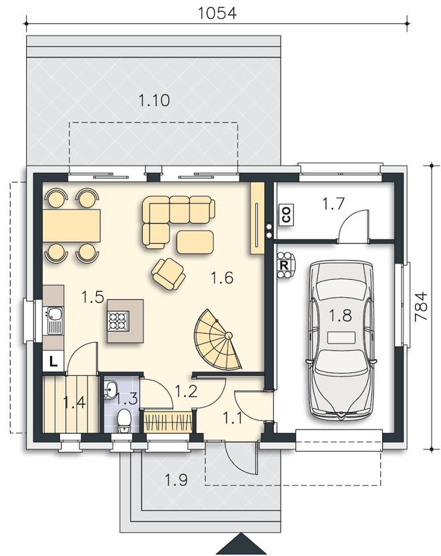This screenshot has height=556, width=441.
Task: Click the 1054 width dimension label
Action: click(217, 13)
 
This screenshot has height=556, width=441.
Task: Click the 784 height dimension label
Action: click(421, 306)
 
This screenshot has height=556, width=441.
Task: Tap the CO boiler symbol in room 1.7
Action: click(286, 214)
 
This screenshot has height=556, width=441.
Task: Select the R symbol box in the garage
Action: click(284, 265)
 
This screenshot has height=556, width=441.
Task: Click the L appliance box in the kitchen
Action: click(53, 361)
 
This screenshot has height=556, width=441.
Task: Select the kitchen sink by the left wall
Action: click(53, 321)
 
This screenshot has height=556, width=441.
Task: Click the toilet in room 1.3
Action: click(124, 421)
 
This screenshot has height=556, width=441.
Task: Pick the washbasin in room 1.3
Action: click(110, 389)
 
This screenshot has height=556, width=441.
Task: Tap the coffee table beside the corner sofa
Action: click(195, 242)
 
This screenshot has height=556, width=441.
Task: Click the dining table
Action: click(71, 226)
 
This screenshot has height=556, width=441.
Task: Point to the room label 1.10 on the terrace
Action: click(154, 101)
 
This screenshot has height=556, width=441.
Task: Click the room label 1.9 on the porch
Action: click(176, 480)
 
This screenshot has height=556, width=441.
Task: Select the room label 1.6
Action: click(222, 277)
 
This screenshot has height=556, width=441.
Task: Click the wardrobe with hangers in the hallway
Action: click(168, 422)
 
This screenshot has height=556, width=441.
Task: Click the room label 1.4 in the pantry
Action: click(74, 403)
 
